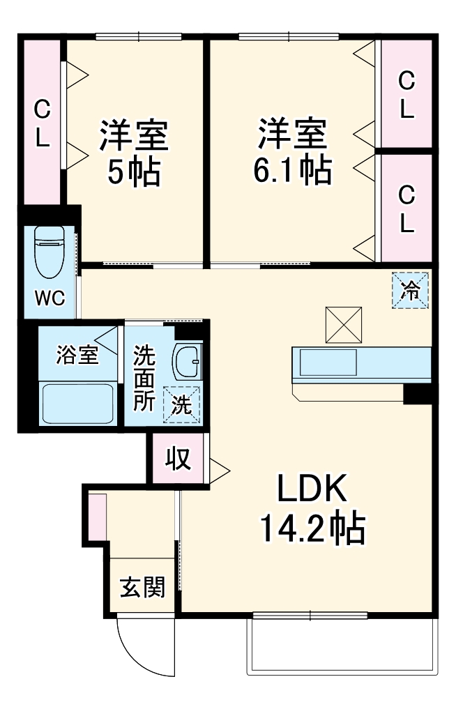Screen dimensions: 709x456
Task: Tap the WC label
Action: pyautogui.click(x=50, y=298)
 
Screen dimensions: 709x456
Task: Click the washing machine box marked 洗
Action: pyautogui.click(x=182, y=405)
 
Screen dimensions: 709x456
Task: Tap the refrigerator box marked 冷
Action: pyautogui.click(x=411, y=290)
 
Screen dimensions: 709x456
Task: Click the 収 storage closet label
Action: pyautogui.click(x=179, y=459)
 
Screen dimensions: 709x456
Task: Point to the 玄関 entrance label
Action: pyautogui.click(x=143, y=588)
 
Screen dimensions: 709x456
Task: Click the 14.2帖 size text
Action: pyautogui.click(x=312, y=531)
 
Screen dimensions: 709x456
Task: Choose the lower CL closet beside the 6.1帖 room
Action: pyautogui.click(x=406, y=208)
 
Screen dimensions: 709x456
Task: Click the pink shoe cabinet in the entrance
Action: pyautogui.click(x=97, y=517)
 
